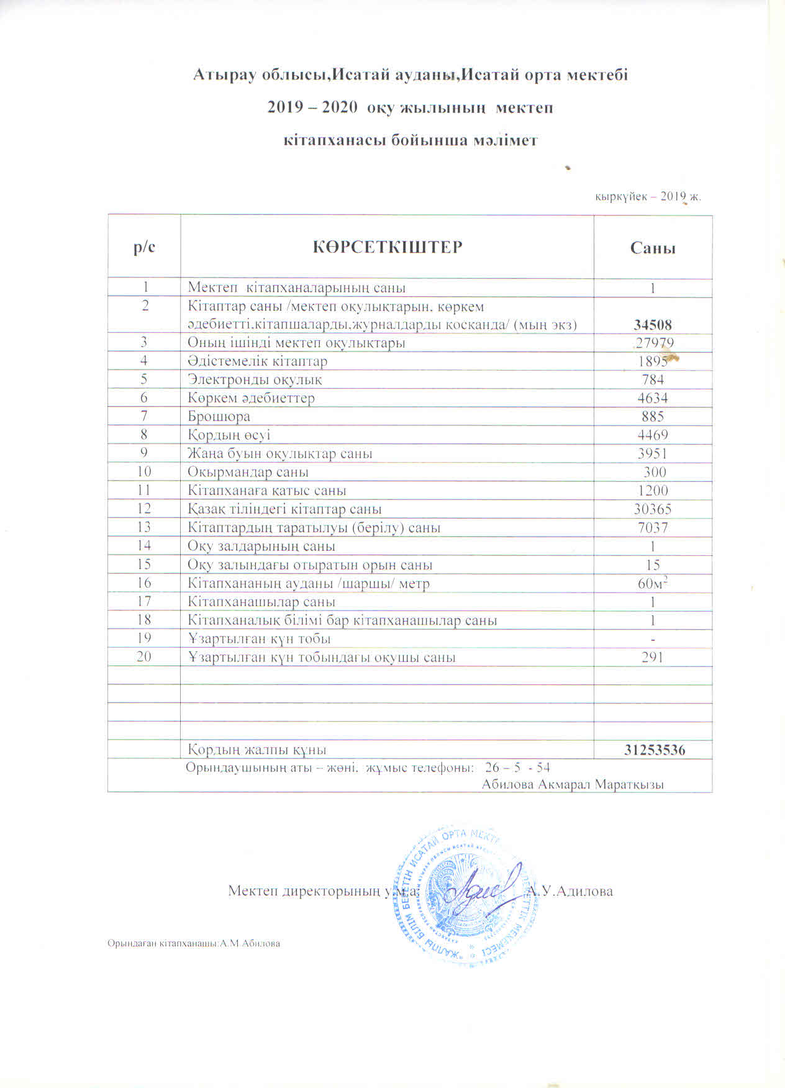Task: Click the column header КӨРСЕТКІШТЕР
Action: point(387,247)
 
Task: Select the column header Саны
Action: point(653,248)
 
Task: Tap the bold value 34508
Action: point(653,325)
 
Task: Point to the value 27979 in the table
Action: point(654,343)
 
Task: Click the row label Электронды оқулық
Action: point(255,379)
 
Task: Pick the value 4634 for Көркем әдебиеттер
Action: point(653,398)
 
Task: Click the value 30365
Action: point(653,509)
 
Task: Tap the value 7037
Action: point(653,528)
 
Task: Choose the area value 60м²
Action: point(653,583)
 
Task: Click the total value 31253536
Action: point(655,750)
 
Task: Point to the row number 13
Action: point(144,527)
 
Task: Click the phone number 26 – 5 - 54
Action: point(517,767)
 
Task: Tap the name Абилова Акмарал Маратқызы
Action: point(573,784)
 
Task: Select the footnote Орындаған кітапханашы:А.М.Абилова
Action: point(194,943)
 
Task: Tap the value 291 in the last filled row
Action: point(653,657)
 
